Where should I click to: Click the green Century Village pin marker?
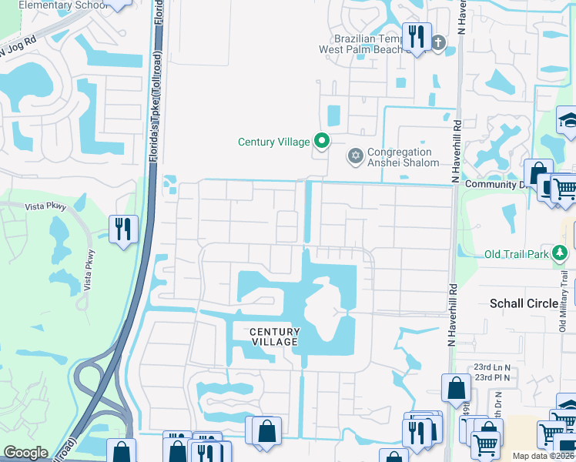pyautogui.click(x=323, y=141)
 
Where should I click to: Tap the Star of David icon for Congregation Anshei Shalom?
pyautogui.click(x=355, y=156)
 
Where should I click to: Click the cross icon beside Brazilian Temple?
pyautogui.click(x=439, y=42)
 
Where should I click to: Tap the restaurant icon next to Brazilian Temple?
pyautogui.click(x=417, y=36)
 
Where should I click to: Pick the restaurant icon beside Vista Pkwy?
pyautogui.click(x=123, y=229)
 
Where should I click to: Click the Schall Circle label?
pyautogui.click(x=524, y=303)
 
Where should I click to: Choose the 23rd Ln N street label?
pyautogui.click(x=492, y=367)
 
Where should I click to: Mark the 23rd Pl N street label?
pyautogui.click(x=492, y=377)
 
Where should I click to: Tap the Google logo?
pyautogui.click(x=25, y=453)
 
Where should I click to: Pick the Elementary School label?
pyautogui.click(x=53, y=5)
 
